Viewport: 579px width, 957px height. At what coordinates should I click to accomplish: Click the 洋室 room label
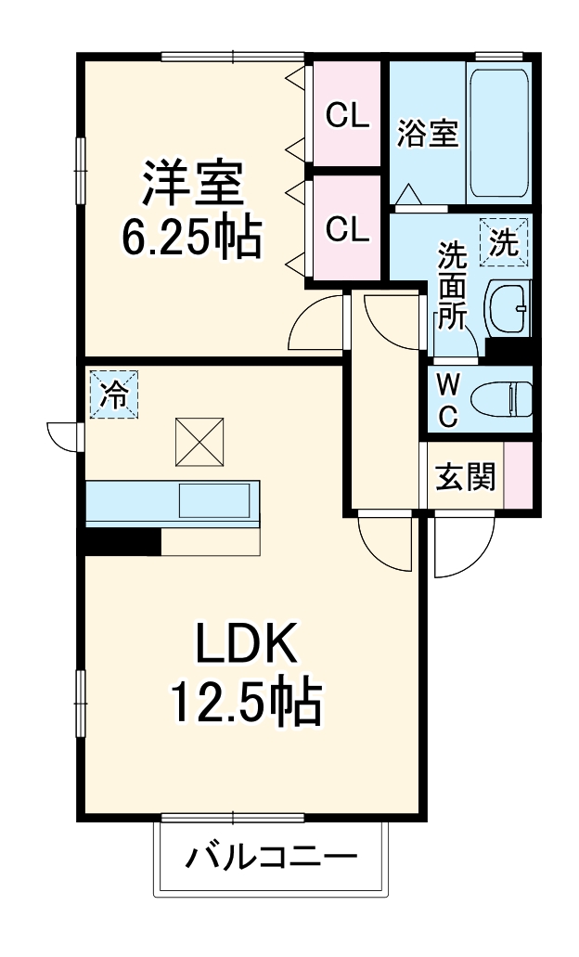pyautogui.click(x=192, y=183)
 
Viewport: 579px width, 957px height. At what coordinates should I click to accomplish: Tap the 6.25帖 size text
pyautogui.click(x=192, y=238)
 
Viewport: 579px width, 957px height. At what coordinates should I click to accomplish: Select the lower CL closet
pyautogui.click(x=347, y=227)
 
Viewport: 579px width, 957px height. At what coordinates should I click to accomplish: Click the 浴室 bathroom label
pyautogui.click(x=428, y=134)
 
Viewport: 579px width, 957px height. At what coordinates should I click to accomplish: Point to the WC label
pyautogui.click(x=447, y=400)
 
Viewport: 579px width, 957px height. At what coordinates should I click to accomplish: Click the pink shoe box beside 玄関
pyautogui.click(x=518, y=475)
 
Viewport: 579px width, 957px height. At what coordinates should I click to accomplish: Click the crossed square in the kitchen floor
pyautogui.click(x=199, y=441)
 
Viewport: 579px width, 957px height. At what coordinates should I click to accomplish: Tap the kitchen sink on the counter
pyautogui.click(x=212, y=502)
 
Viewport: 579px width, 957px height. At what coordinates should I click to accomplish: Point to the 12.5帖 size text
pyautogui.click(x=245, y=703)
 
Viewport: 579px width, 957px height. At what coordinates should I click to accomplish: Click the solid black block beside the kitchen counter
pyautogui.click(x=122, y=540)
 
